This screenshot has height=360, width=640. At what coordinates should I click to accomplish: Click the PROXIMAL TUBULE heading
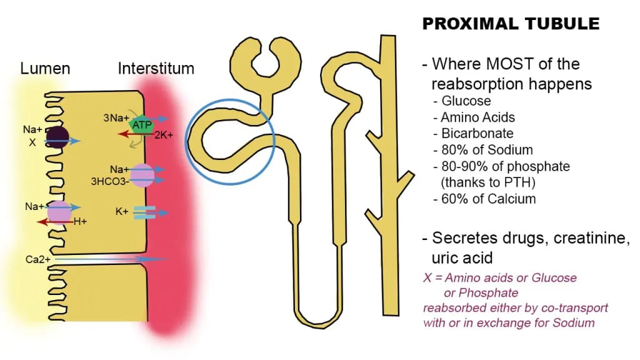tap(511, 24)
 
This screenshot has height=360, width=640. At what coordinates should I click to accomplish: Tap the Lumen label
tap(45, 68)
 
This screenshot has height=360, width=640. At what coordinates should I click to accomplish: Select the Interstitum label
tap(156, 68)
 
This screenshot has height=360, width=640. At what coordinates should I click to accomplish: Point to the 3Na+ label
tap(116, 117)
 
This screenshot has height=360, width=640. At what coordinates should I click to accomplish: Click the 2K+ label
tap(163, 134)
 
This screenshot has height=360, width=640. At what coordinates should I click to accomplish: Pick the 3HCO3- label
tap(111, 182)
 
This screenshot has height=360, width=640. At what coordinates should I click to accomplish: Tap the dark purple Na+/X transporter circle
tap(57, 136)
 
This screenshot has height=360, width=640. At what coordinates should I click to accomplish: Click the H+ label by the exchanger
tap(80, 221)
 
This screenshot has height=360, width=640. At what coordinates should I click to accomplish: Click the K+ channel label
tap(122, 212)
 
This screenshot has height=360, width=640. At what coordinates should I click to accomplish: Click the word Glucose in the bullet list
tap(466, 101)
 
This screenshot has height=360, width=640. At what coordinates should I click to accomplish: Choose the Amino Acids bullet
tap(477, 117)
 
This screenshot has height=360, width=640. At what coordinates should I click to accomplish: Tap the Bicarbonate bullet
tap(477, 133)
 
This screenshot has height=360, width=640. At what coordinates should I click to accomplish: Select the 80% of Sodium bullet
tap(486, 149)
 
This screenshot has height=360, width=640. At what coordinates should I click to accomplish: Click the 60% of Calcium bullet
tap(488, 199)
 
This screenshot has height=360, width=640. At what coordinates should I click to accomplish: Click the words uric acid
tap(462, 257)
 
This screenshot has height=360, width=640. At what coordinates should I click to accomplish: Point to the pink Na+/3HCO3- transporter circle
tap(141, 175)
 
